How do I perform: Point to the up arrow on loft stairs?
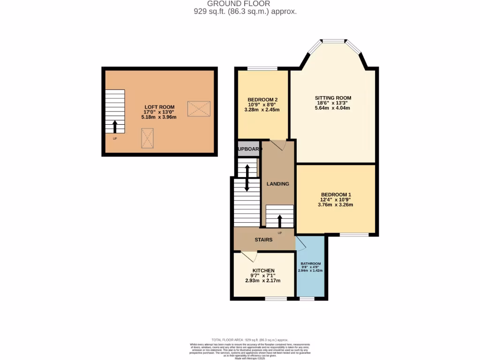pyautogui.click(x=115, y=126)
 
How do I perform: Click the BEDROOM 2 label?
pyautogui.click(x=263, y=99)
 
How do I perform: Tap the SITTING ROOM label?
pyautogui.click(x=333, y=98)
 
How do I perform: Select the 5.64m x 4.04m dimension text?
pyautogui.click(x=333, y=108)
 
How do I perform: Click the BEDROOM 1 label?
pyautogui.click(x=336, y=195)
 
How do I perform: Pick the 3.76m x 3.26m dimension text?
pyautogui.click(x=336, y=204)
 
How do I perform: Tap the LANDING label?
pyautogui.click(x=278, y=184)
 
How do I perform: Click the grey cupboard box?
pyautogui.click(x=248, y=149)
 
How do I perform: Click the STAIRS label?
pyautogui.click(x=263, y=240)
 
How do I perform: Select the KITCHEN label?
pyautogui.click(x=263, y=270)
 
